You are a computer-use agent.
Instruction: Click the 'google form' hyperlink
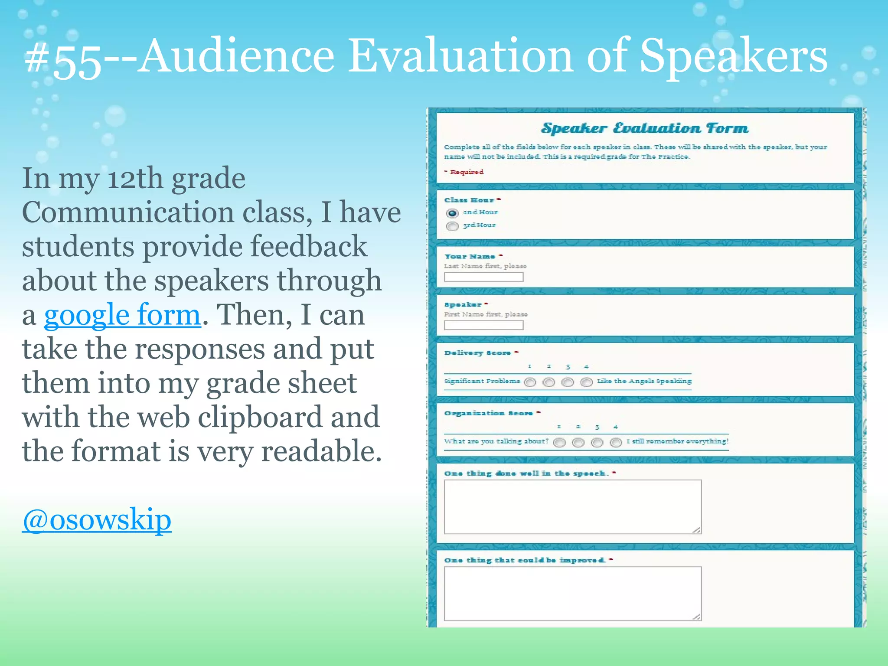pos(122,315)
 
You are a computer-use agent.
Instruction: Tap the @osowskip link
pos(97,519)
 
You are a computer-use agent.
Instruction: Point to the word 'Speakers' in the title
pos(733,56)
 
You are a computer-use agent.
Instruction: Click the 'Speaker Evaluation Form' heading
pos(645,128)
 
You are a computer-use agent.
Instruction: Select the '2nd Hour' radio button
pos(452,213)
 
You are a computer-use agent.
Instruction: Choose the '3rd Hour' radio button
pos(452,226)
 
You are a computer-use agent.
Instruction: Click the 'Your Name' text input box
pos(483,277)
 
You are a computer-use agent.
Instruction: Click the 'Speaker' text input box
pos(483,325)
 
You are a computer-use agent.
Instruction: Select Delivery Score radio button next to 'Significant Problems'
pos(530,382)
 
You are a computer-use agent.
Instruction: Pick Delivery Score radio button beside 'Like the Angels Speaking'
pos(586,382)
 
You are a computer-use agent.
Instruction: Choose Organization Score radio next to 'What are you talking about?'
pos(559,442)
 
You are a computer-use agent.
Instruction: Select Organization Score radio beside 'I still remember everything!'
pos(616,442)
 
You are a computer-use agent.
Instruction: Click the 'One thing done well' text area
pos(572,506)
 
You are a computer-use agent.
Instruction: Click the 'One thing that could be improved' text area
pos(572,593)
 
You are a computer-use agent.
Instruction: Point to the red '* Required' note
pos(464,172)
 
